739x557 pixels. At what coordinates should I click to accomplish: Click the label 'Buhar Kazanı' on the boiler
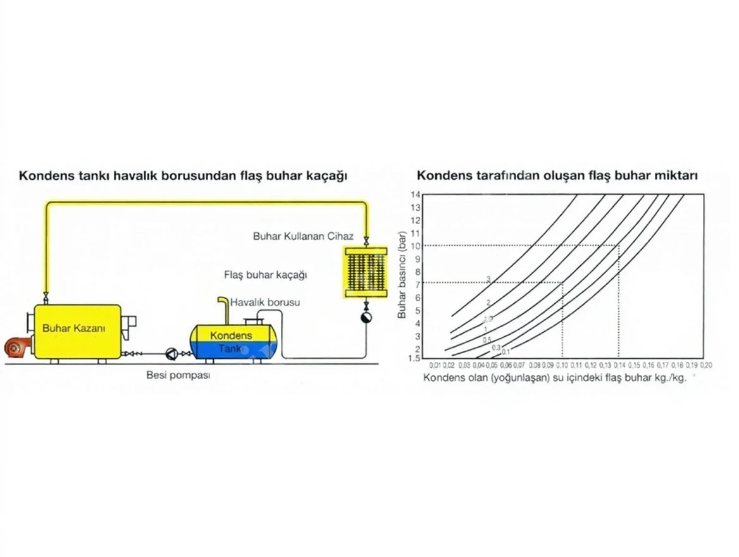coord(73,328)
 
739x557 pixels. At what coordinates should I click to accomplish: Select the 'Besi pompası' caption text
coord(178,375)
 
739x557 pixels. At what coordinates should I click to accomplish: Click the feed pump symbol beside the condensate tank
coord(171,353)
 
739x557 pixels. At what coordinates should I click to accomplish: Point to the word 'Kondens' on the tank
coord(231,335)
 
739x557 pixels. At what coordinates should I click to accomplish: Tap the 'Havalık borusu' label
coord(265,302)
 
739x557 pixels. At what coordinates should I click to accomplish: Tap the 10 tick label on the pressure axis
coord(416,246)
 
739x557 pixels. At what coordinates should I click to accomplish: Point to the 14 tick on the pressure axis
coord(416,194)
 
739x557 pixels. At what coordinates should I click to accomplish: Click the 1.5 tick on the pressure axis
coord(415,358)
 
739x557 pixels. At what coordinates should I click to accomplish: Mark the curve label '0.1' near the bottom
coord(506,351)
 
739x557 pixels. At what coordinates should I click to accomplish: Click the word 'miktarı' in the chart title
coord(678,175)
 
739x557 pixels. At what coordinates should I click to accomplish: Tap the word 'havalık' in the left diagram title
coord(139,175)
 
